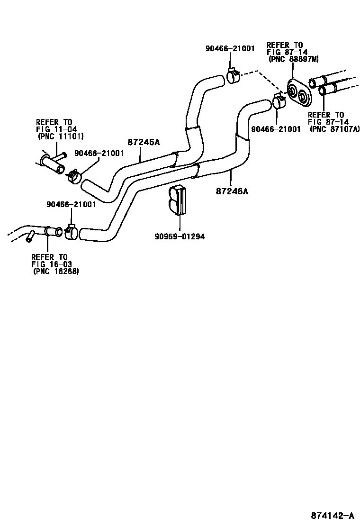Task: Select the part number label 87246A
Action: click(232, 191)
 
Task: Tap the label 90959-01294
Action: click(180, 236)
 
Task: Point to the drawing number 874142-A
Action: click(332, 516)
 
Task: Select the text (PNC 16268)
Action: click(56, 272)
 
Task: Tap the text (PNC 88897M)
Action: click(293, 59)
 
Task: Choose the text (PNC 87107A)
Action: click(334, 129)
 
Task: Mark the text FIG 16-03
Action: click(52, 264)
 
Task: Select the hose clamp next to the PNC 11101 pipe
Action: click(73, 176)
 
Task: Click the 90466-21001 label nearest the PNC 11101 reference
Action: click(99, 153)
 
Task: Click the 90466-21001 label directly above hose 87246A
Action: click(276, 129)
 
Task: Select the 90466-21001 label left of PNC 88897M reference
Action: click(230, 48)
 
